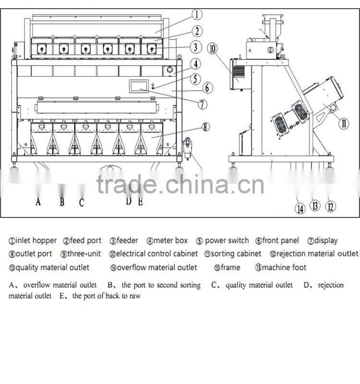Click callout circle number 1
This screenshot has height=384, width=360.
(198, 14)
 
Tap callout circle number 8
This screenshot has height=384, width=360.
(205, 127)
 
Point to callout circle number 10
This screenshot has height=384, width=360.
(213, 48)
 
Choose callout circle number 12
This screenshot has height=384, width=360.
(330, 206)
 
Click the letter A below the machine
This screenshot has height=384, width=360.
(38, 202)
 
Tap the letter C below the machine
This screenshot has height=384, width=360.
(82, 203)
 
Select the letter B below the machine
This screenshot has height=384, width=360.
(62, 202)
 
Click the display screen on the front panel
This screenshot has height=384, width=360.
(140, 84)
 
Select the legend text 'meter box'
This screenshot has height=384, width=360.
(170, 240)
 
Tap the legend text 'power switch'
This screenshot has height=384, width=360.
(227, 240)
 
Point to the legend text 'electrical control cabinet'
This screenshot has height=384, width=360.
(156, 253)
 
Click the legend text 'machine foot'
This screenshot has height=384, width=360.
(284, 267)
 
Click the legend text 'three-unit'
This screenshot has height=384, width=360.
(84, 253)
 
